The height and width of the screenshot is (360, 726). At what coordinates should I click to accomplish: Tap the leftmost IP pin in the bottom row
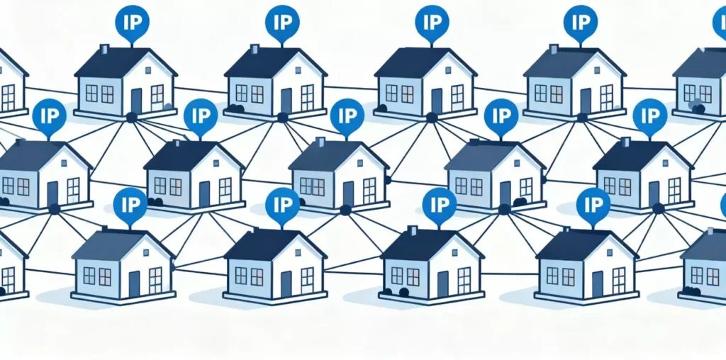pyautogui.click(x=130, y=203)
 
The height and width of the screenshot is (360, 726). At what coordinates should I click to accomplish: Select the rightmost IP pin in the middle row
pyautogui.click(x=649, y=114)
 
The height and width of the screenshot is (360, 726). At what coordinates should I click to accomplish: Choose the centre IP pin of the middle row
pyautogui.click(x=347, y=114)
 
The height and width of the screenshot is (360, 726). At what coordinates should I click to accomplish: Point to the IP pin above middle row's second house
pyautogui.click(x=201, y=114)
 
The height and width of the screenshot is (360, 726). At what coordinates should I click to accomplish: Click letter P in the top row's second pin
pyautogui.click(x=287, y=21)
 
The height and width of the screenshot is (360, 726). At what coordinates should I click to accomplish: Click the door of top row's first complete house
pyautogui.click(x=136, y=101)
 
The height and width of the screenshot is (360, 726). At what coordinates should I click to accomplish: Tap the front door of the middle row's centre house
pyautogui.click(x=348, y=193)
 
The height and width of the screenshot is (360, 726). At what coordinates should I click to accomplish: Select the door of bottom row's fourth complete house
pyautogui.click(x=597, y=283)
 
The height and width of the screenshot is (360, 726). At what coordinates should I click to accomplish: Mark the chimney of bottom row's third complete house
pyautogui.click(x=412, y=231)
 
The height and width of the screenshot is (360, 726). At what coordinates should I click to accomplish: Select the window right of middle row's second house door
pyautogui.click(x=225, y=187)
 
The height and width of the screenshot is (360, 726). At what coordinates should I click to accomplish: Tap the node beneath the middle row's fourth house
pyautogui.click(x=504, y=209)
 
